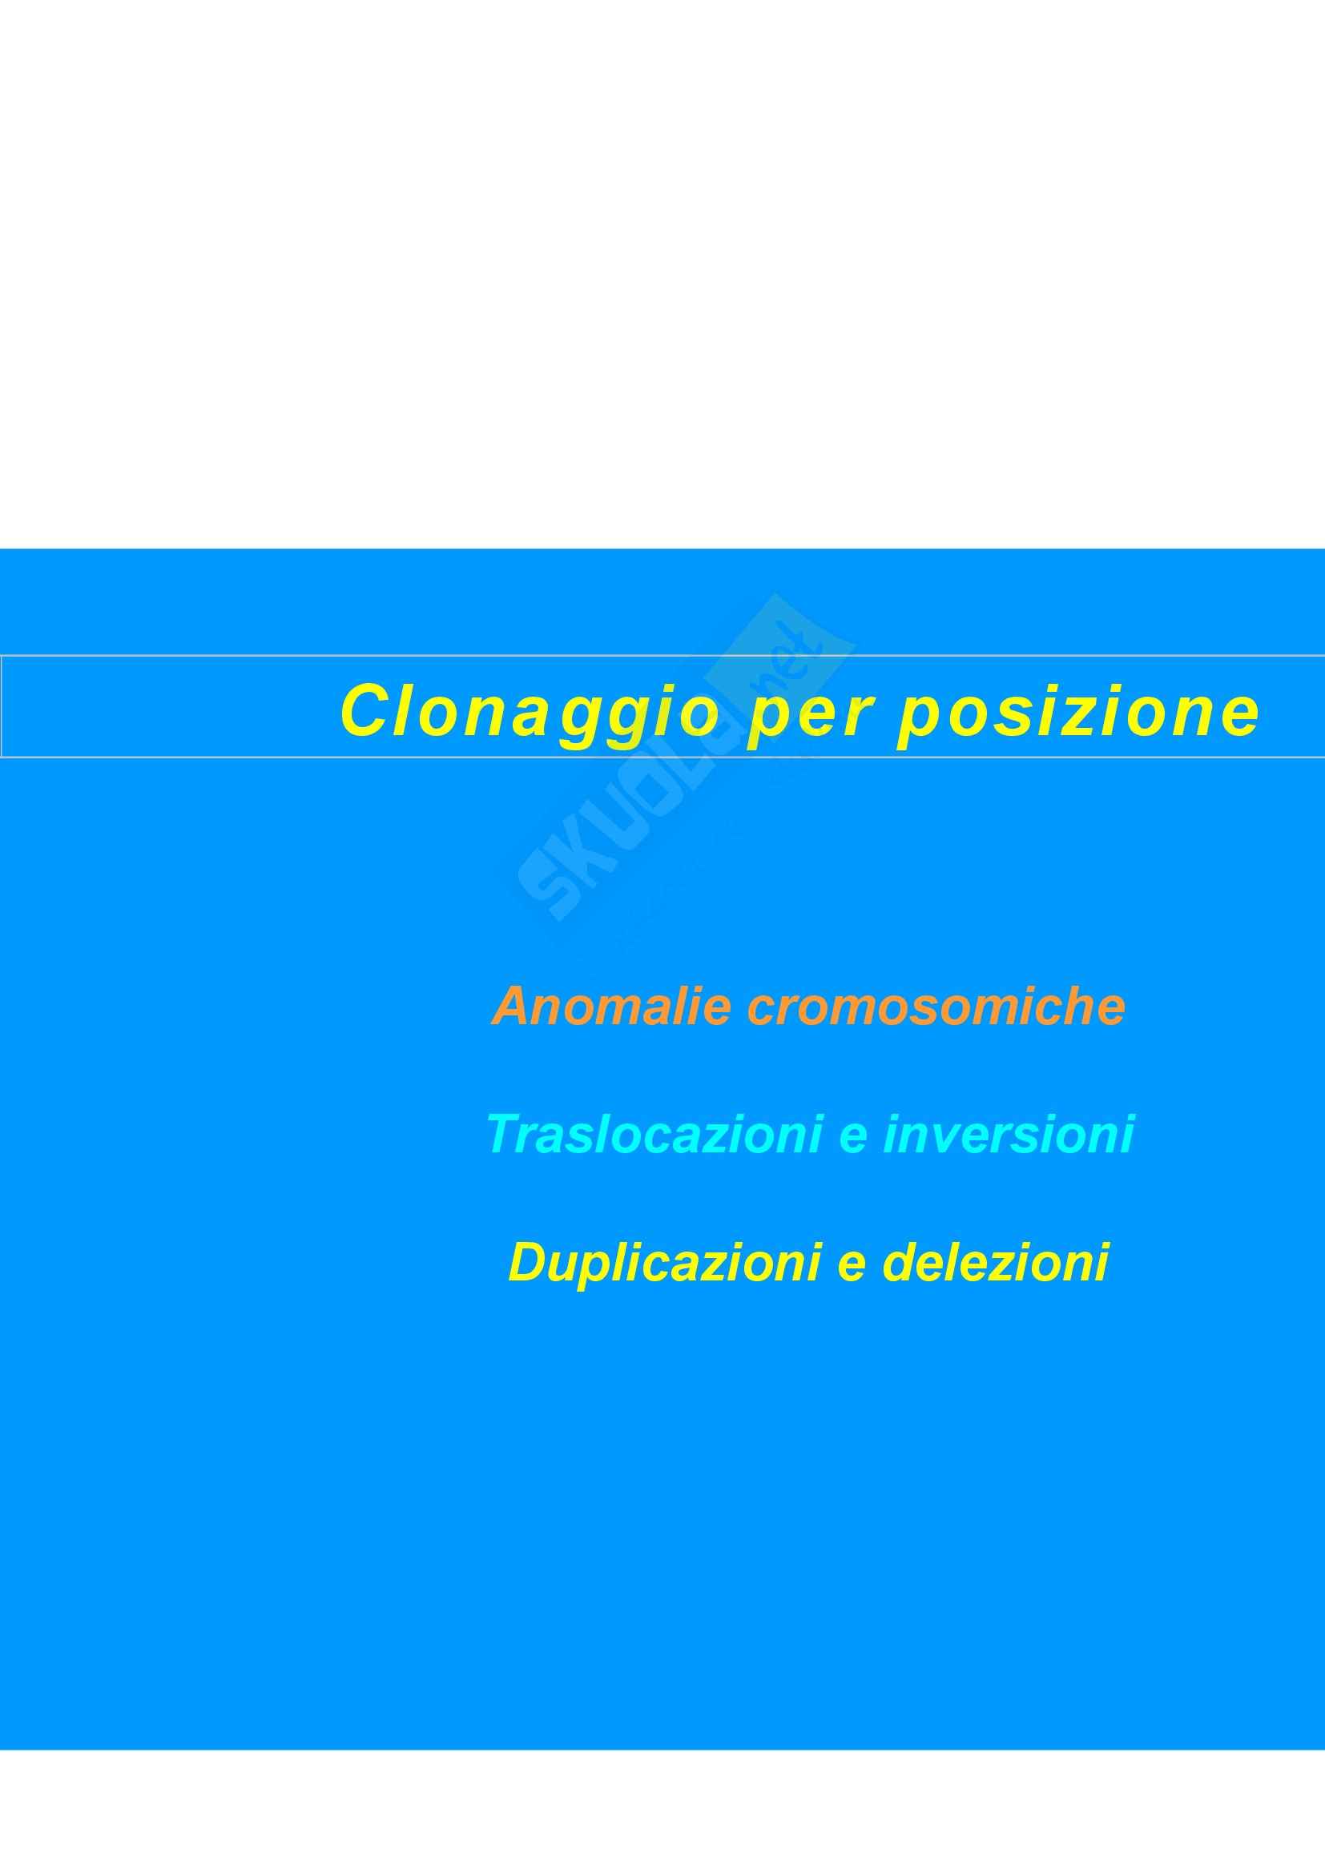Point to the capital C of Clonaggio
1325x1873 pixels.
click(x=364, y=709)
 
